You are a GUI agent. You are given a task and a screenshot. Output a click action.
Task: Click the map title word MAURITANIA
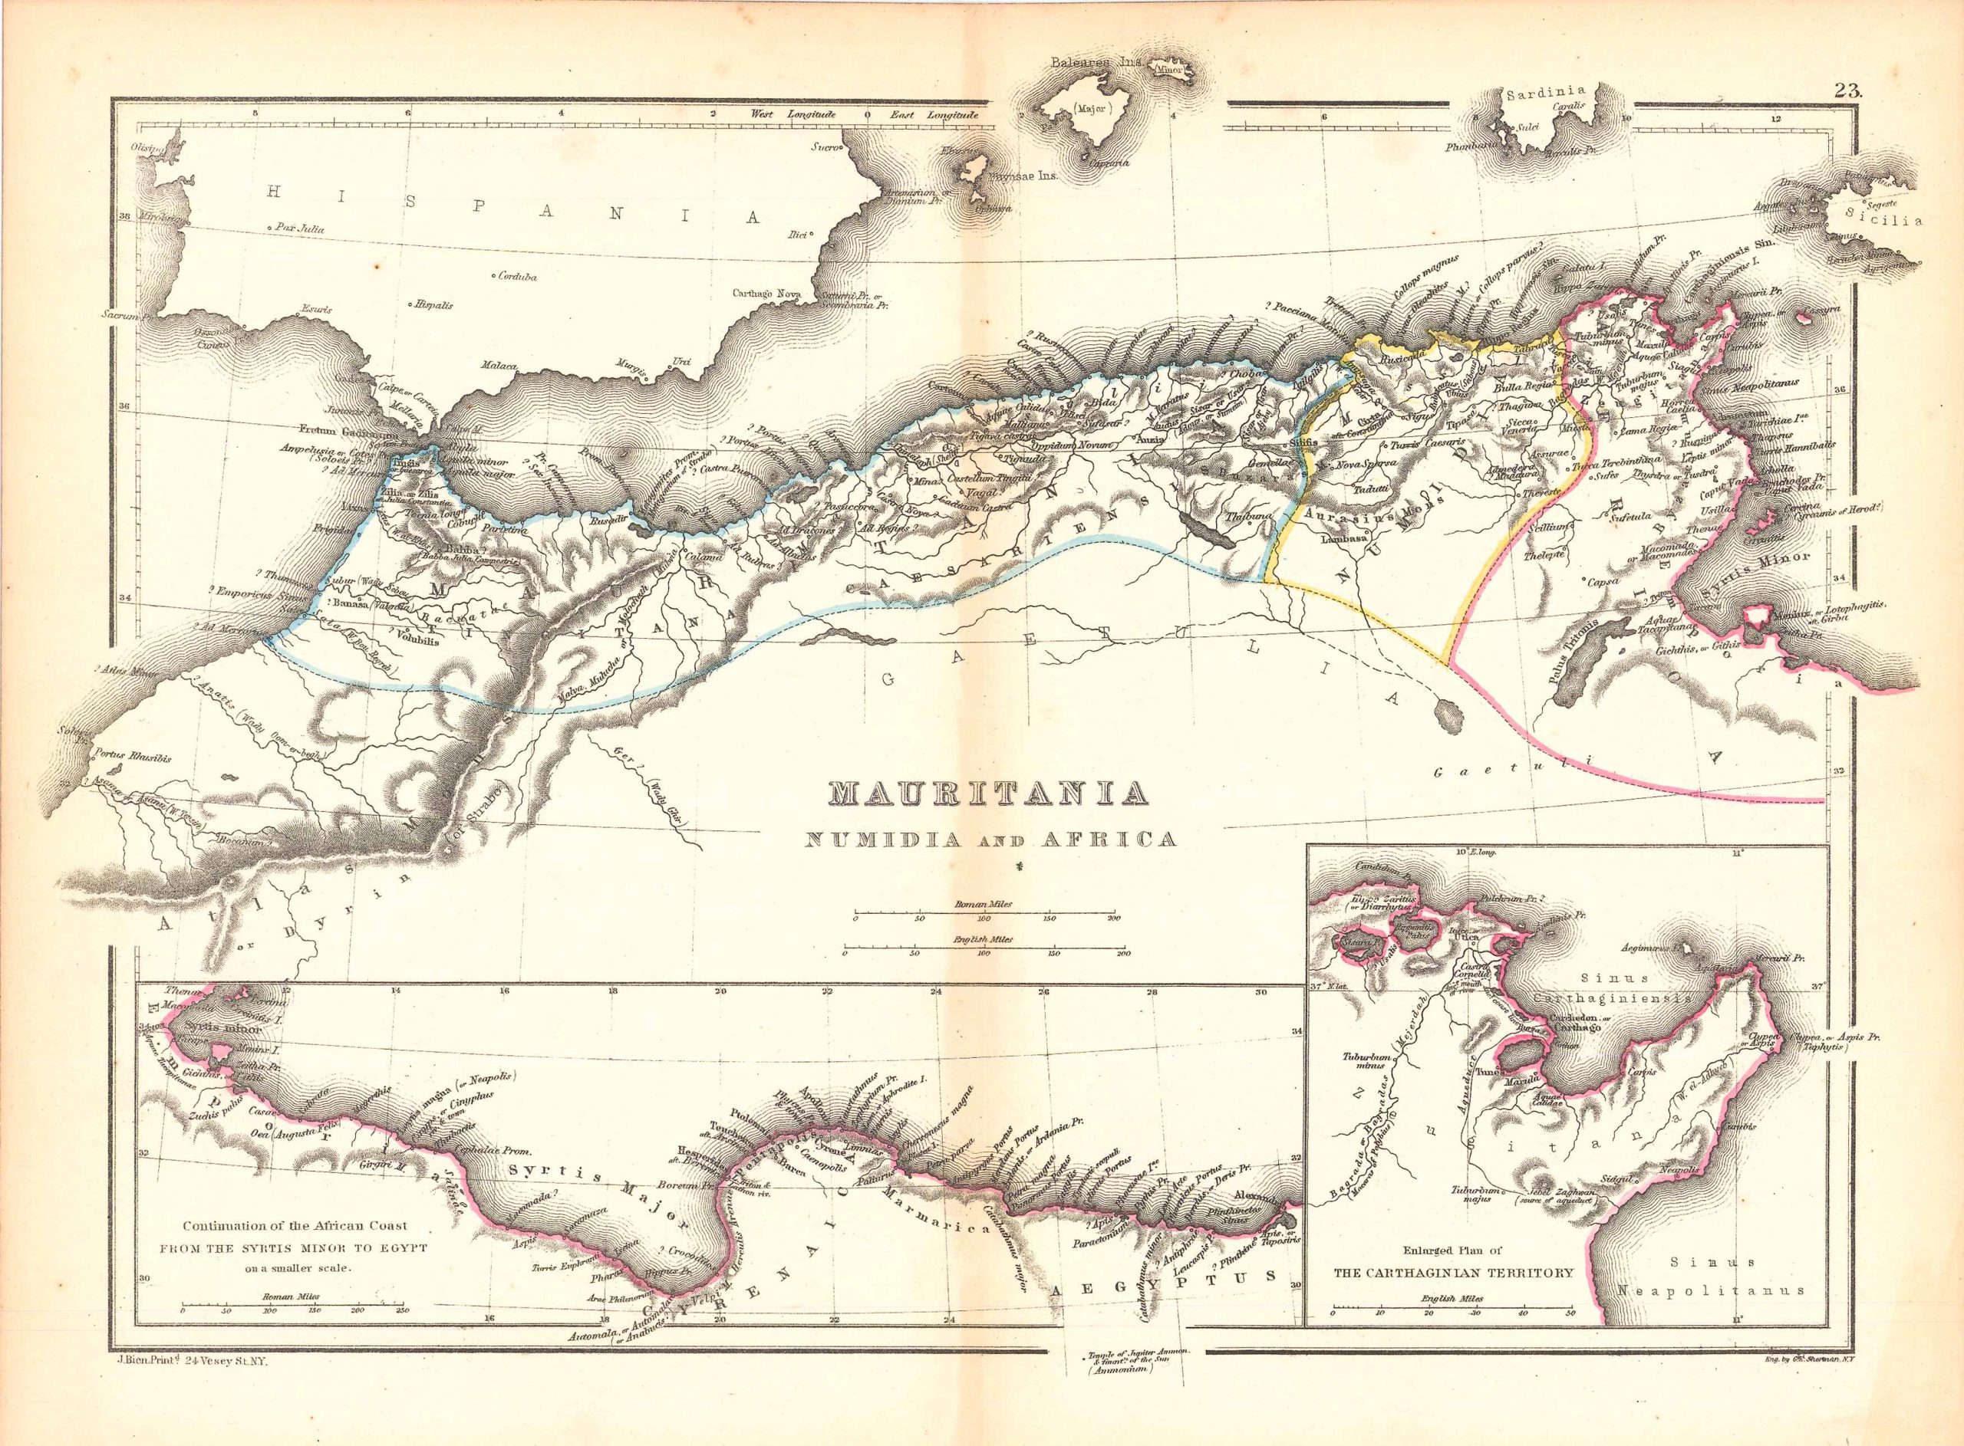[x=987, y=794]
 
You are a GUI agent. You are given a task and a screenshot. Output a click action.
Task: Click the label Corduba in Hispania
[x=516, y=277]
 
